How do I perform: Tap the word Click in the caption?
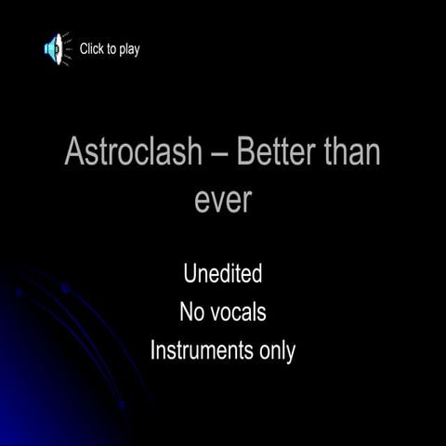pyautogui.click(x=93, y=49)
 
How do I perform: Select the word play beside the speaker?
pyautogui.click(x=128, y=50)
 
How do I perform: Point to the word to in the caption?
pyautogui.click(x=111, y=49)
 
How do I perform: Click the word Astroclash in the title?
pyautogui.click(x=132, y=152)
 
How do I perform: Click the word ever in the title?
pyautogui.click(x=223, y=198)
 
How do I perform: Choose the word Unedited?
pyautogui.click(x=223, y=274)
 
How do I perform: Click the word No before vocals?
pyautogui.click(x=190, y=313)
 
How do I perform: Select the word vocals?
pyautogui.click(x=237, y=313)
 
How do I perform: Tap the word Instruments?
pyautogui.click(x=199, y=352)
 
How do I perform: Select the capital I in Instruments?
pyautogui.click(x=152, y=352)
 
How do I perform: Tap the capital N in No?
pyautogui.click(x=185, y=313)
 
